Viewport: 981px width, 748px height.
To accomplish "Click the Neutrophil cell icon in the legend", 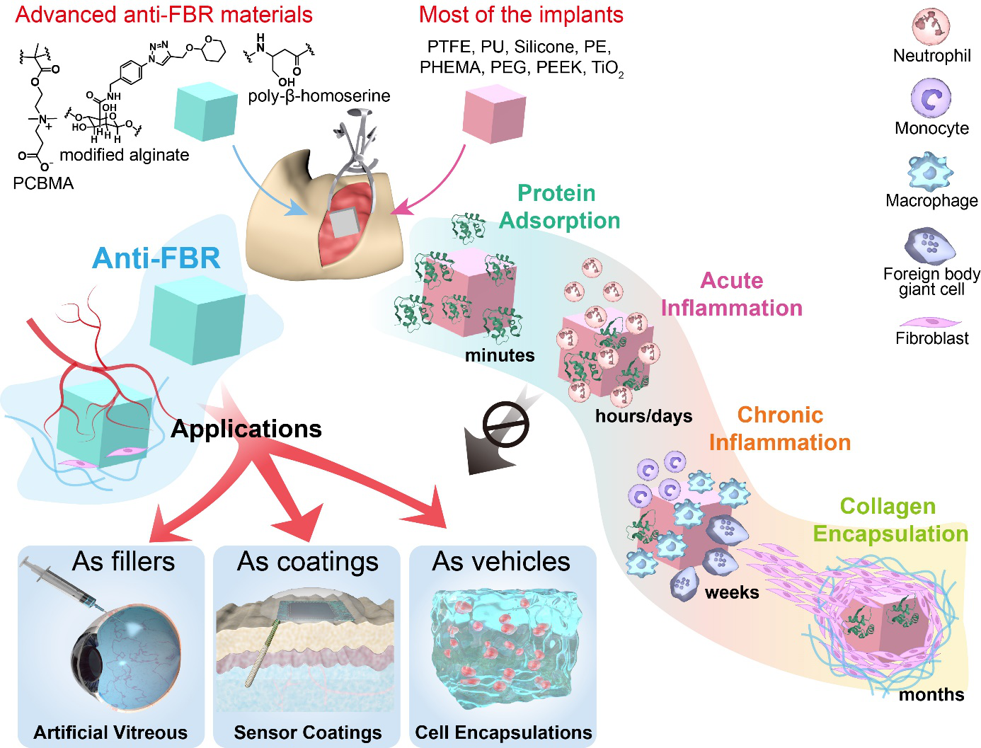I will point(930,26).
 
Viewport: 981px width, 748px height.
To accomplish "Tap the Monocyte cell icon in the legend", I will point(931,98).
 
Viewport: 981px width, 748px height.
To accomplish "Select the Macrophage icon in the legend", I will point(929,172).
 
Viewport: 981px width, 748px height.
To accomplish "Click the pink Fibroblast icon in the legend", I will point(929,323).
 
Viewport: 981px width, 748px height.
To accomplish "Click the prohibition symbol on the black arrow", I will point(505,425).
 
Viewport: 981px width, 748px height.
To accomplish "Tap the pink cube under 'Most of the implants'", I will point(493,114).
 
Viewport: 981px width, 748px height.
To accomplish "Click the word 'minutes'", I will point(500,355).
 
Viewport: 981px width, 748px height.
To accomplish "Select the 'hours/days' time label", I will point(643,415).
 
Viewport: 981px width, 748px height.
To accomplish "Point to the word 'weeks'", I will point(732,592).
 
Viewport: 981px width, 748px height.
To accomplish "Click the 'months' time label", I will point(931,695).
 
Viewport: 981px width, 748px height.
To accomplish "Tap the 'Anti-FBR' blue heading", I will point(156,258).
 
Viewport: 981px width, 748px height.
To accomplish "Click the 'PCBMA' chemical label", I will point(43,183).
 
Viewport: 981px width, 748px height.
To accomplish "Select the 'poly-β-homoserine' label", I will point(319,96).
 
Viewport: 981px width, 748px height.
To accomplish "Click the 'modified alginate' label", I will point(125,155).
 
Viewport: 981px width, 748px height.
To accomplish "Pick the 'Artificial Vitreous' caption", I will point(111,732).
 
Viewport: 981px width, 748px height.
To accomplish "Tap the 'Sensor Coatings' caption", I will point(308,732).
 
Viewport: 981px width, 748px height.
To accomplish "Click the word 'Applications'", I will point(246,429).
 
